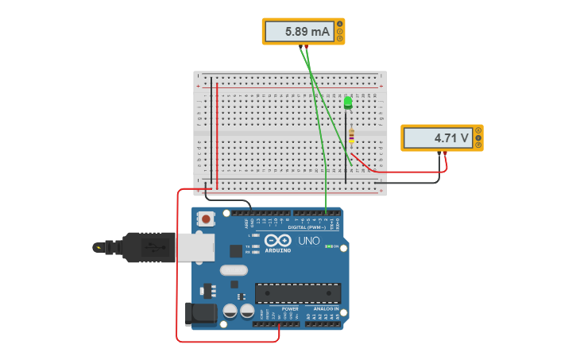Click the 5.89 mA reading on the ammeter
tap(299, 32)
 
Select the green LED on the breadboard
tap(348, 103)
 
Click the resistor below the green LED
tap(351, 137)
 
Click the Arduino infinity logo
tap(278, 241)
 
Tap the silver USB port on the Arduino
tap(195, 248)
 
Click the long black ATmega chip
tap(297, 293)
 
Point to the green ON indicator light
tap(329, 246)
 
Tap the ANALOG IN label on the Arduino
tap(321, 308)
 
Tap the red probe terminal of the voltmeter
tap(446, 152)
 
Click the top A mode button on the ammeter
tap(340, 24)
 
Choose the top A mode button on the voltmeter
tap(478, 130)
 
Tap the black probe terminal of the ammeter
tap(302, 46)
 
